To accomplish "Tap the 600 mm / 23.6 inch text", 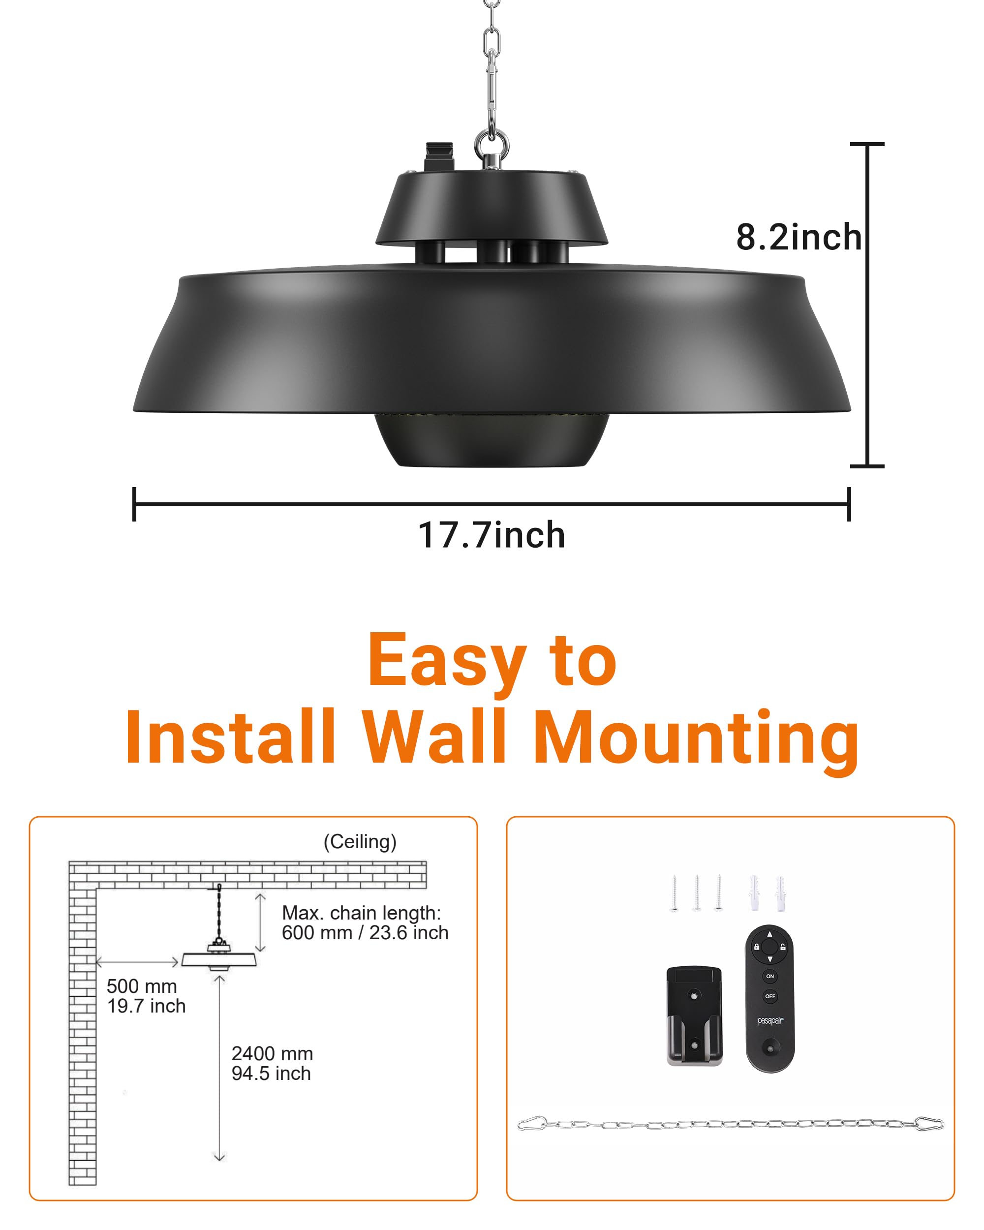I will tap(365, 933).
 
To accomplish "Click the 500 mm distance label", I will tap(142, 986).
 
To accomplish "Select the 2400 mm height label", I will tap(272, 1053).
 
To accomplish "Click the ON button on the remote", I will tap(769, 976).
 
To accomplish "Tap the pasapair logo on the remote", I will tap(769, 1020).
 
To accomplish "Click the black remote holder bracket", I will tap(694, 1016).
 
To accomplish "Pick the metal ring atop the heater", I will tap(492, 146).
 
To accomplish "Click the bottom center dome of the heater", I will tap(491, 442).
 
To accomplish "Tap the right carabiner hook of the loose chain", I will tap(929, 1124).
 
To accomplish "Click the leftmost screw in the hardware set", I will tap(674, 893).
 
